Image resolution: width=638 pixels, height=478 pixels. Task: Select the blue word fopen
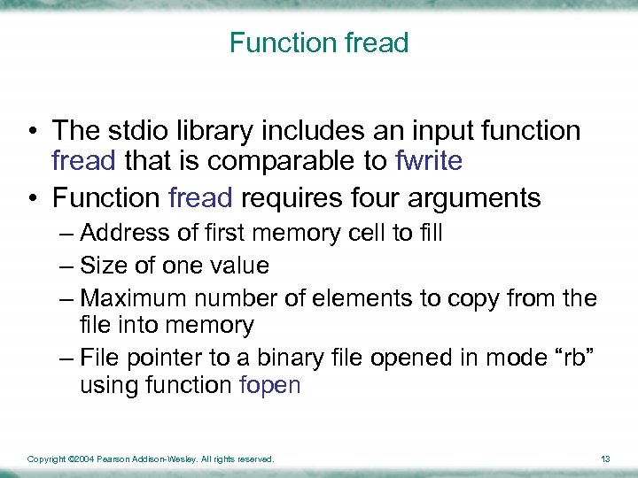coord(270,386)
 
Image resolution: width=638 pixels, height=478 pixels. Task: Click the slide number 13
coord(605,459)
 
